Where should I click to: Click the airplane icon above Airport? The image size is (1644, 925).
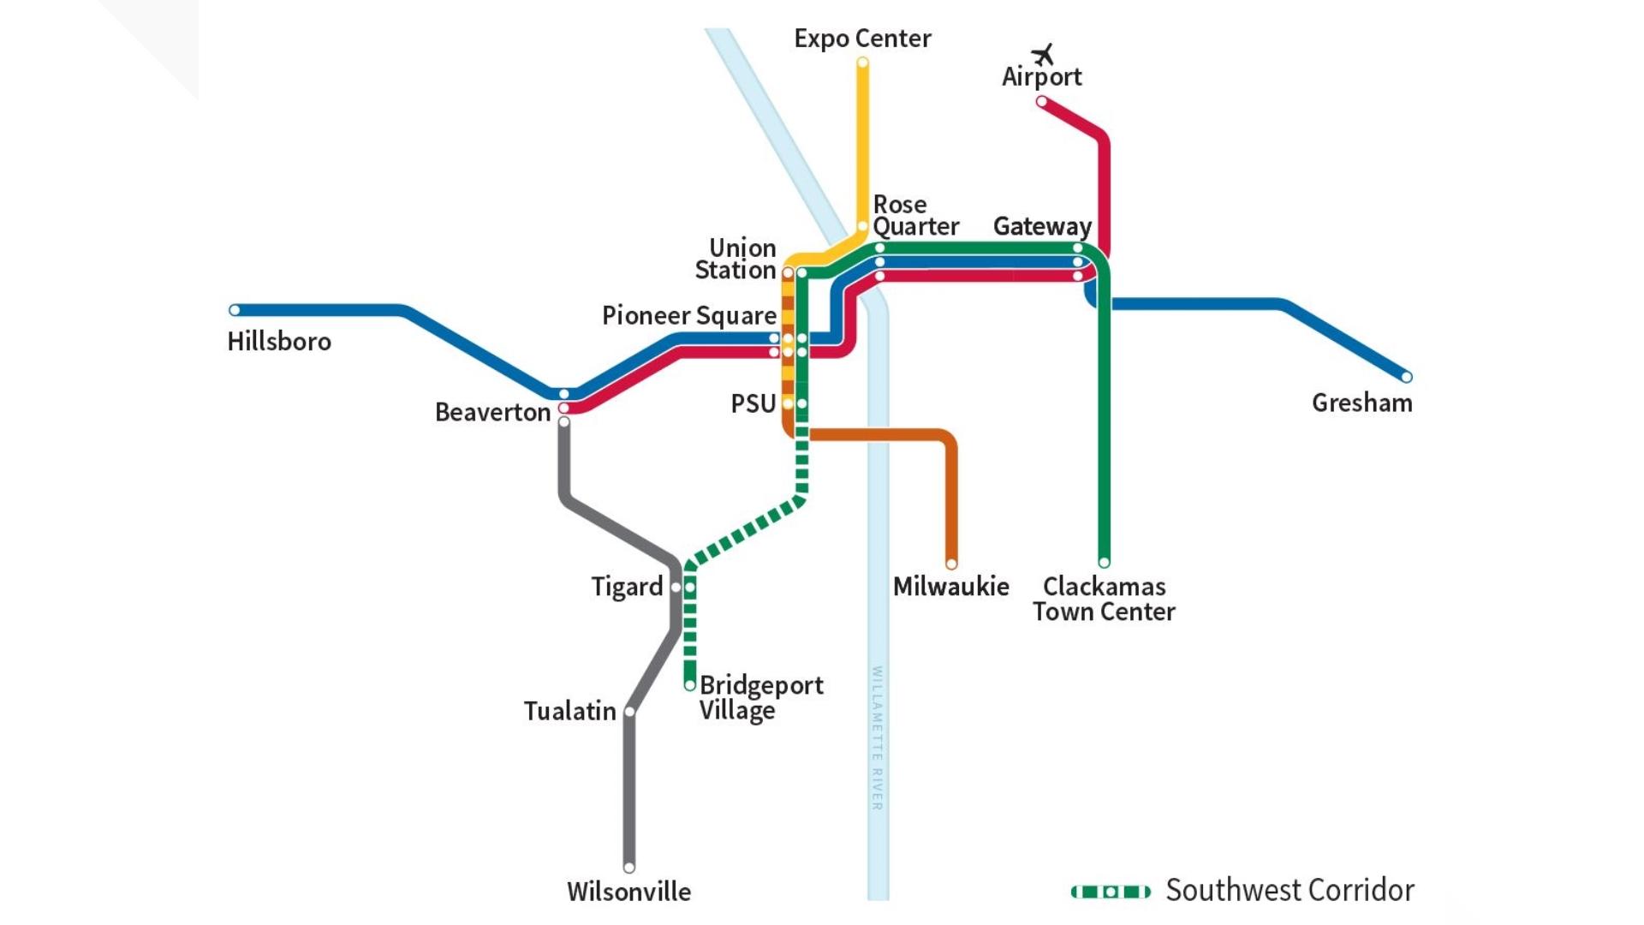tap(1042, 55)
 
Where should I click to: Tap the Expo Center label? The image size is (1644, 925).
tap(862, 39)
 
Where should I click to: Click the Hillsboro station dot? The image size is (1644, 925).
tap(235, 310)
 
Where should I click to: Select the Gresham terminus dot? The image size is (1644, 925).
tap(1406, 377)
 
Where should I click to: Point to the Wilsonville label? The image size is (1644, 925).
tap(628, 892)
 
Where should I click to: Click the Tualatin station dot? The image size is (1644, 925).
tap(629, 712)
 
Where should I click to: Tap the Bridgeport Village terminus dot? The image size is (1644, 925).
tap(689, 685)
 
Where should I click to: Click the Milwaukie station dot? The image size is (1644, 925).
tap(951, 564)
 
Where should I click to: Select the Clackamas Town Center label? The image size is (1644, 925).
tap(1104, 599)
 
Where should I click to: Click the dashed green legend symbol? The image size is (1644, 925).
tap(1111, 892)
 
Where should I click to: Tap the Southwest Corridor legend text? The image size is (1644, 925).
tap(1290, 890)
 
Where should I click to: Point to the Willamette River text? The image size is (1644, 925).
tap(877, 737)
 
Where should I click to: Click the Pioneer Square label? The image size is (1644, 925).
tap(688, 315)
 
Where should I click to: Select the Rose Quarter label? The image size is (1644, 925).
tap(914, 216)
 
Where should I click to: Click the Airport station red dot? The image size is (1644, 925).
tap(1041, 102)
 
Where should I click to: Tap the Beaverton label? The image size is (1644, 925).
tap(492, 412)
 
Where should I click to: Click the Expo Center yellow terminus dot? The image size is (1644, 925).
tap(862, 63)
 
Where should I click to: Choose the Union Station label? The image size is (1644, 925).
tap(736, 259)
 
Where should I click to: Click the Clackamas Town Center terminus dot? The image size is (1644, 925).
tap(1104, 563)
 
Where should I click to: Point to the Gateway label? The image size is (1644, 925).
tap(1042, 226)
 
